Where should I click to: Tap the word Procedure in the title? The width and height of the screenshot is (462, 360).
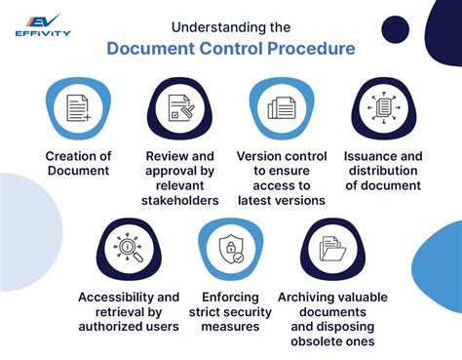coord(309,50)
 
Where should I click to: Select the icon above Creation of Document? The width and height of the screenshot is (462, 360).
coord(79,108)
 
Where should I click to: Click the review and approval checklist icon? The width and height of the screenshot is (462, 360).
coord(178,108)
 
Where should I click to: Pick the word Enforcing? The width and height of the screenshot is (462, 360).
coord(226,297)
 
